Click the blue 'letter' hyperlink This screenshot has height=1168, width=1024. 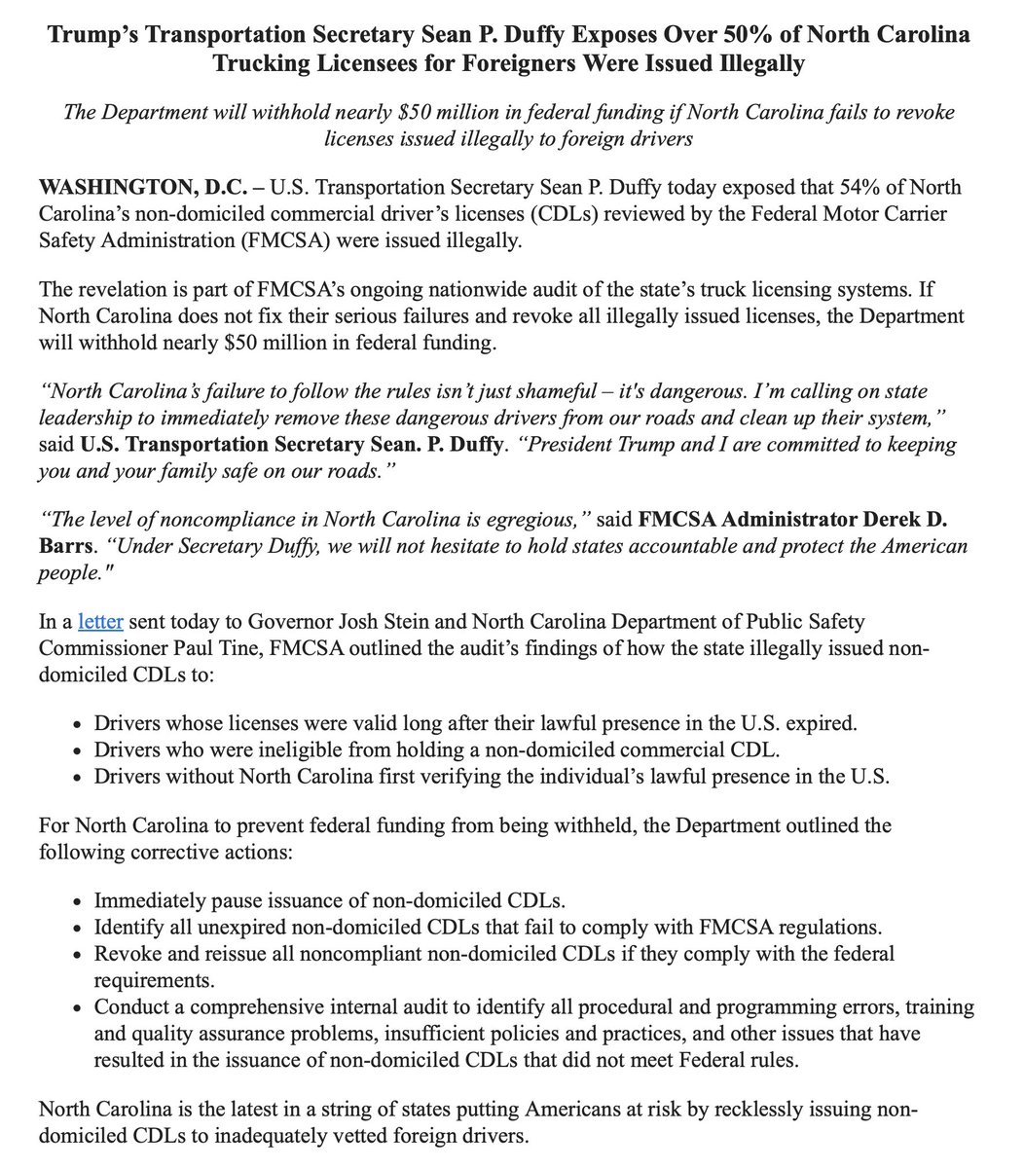point(100,620)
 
